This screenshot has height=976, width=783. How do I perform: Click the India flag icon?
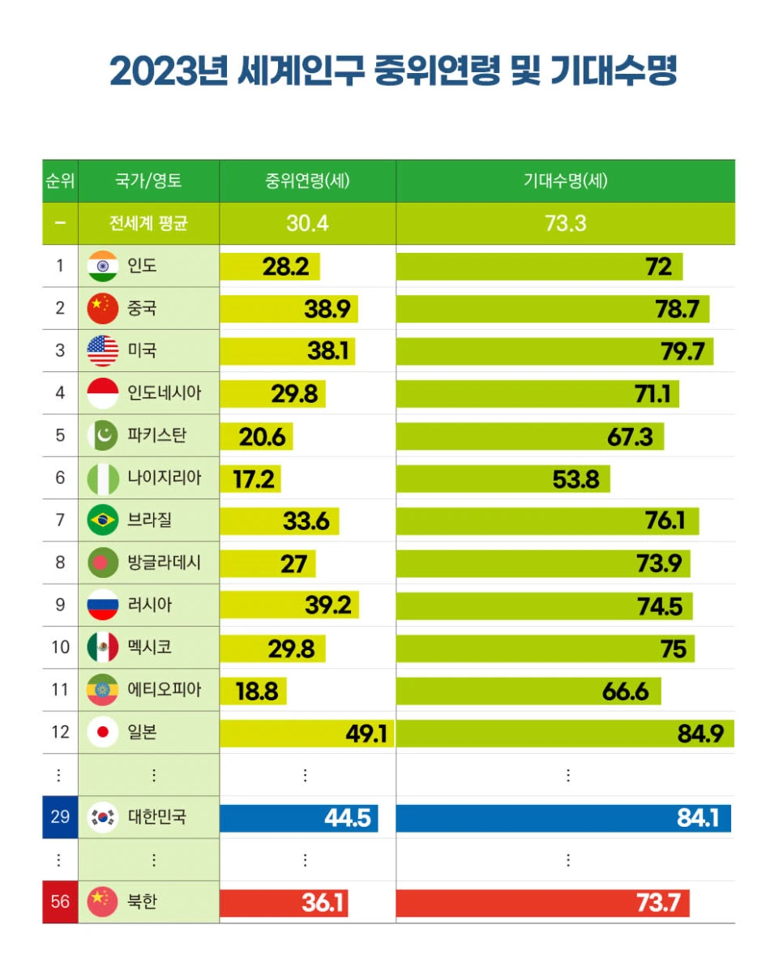(x=103, y=266)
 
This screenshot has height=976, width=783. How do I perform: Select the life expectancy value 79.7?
(x=678, y=351)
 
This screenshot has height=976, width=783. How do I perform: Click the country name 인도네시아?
(x=164, y=393)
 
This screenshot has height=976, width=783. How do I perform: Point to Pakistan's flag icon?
(x=103, y=435)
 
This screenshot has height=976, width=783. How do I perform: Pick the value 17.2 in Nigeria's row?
(x=254, y=478)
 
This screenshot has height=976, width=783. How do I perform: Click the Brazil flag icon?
(x=103, y=520)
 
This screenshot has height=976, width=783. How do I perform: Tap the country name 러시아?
(x=150, y=605)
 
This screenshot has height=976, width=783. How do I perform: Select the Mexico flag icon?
(x=103, y=647)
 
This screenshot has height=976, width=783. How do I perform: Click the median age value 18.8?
(x=256, y=691)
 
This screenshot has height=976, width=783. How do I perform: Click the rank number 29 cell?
(x=60, y=817)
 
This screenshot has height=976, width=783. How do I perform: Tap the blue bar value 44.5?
(x=347, y=818)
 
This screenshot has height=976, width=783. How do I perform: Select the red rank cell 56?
(x=60, y=901)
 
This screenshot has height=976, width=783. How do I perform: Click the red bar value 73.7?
(x=657, y=902)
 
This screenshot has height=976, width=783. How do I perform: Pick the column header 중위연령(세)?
(x=307, y=181)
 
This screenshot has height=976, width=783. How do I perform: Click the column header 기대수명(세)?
(x=565, y=181)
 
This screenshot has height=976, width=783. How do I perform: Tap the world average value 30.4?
(x=307, y=223)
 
